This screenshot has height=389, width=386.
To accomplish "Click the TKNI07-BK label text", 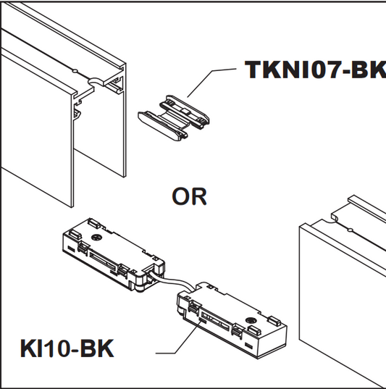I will [x=316, y=70].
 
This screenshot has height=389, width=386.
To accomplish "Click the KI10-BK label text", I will [x=66, y=348].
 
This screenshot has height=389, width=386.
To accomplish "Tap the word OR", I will [x=189, y=196].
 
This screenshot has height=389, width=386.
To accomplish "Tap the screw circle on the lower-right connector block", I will [x=251, y=319].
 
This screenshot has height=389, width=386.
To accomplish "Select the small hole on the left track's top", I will [x=75, y=71].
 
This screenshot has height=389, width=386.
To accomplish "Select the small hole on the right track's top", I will [x=351, y=230].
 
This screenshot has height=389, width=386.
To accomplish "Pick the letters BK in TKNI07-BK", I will [x=367, y=70].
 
